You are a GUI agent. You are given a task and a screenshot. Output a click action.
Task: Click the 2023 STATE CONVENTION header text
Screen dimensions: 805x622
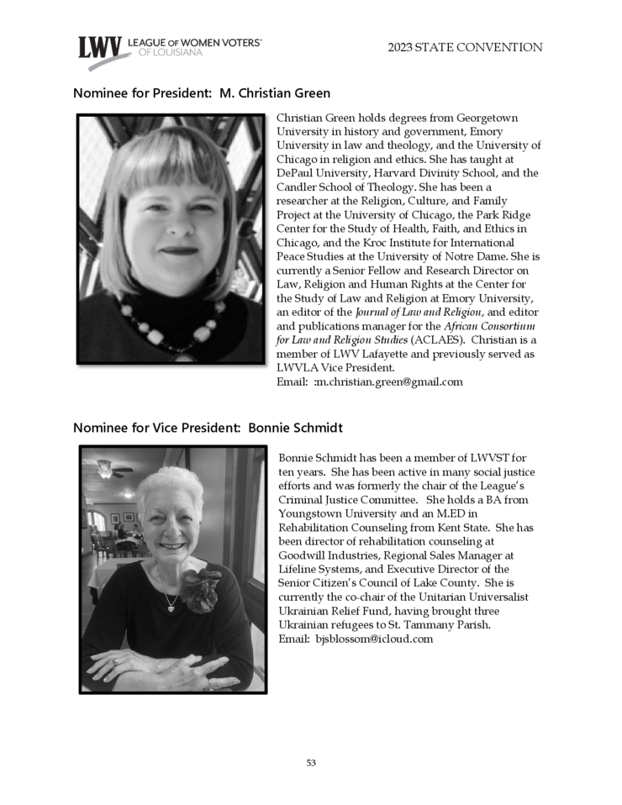pos(465,48)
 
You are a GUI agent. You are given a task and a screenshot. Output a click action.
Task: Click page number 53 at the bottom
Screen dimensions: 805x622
pos(311,763)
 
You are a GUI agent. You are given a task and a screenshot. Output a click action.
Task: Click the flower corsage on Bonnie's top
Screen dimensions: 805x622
pos(201,588)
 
